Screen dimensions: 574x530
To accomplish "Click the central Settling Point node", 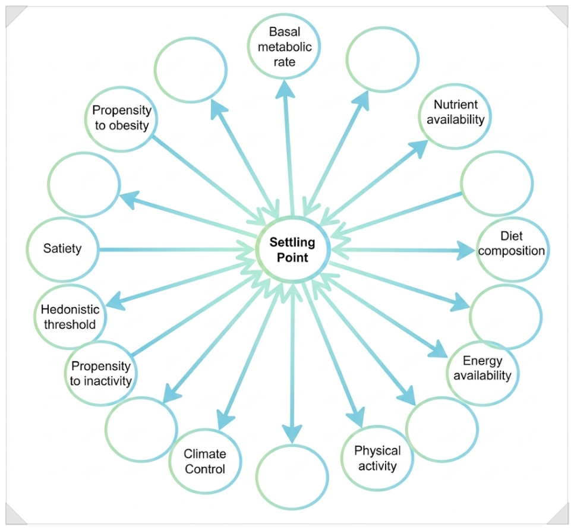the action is [292, 250].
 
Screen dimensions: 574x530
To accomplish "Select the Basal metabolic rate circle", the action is [284, 46].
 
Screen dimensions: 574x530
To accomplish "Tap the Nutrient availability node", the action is [455, 116].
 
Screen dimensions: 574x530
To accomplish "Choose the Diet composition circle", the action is [513, 250].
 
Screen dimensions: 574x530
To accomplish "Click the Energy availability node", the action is [482, 373].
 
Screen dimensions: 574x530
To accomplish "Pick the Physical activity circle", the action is [377, 458].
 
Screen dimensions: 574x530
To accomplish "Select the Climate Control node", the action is [205, 461].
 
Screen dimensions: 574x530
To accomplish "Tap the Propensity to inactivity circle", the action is [100, 373].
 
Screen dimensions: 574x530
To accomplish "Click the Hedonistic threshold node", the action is [70, 317].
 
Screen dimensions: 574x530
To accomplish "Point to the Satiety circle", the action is [62, 250].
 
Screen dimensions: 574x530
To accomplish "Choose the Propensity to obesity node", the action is [121, 119].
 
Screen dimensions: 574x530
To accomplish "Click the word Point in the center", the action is [292, 257].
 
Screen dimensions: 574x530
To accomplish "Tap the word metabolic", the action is [285, 47].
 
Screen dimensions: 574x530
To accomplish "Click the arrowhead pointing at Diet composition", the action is [466, 250].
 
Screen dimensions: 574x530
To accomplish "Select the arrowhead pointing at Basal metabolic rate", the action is [285, 90].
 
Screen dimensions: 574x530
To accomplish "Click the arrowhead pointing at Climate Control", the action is [225, 419].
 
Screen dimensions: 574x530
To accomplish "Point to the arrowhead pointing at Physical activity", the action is [356, 417].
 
